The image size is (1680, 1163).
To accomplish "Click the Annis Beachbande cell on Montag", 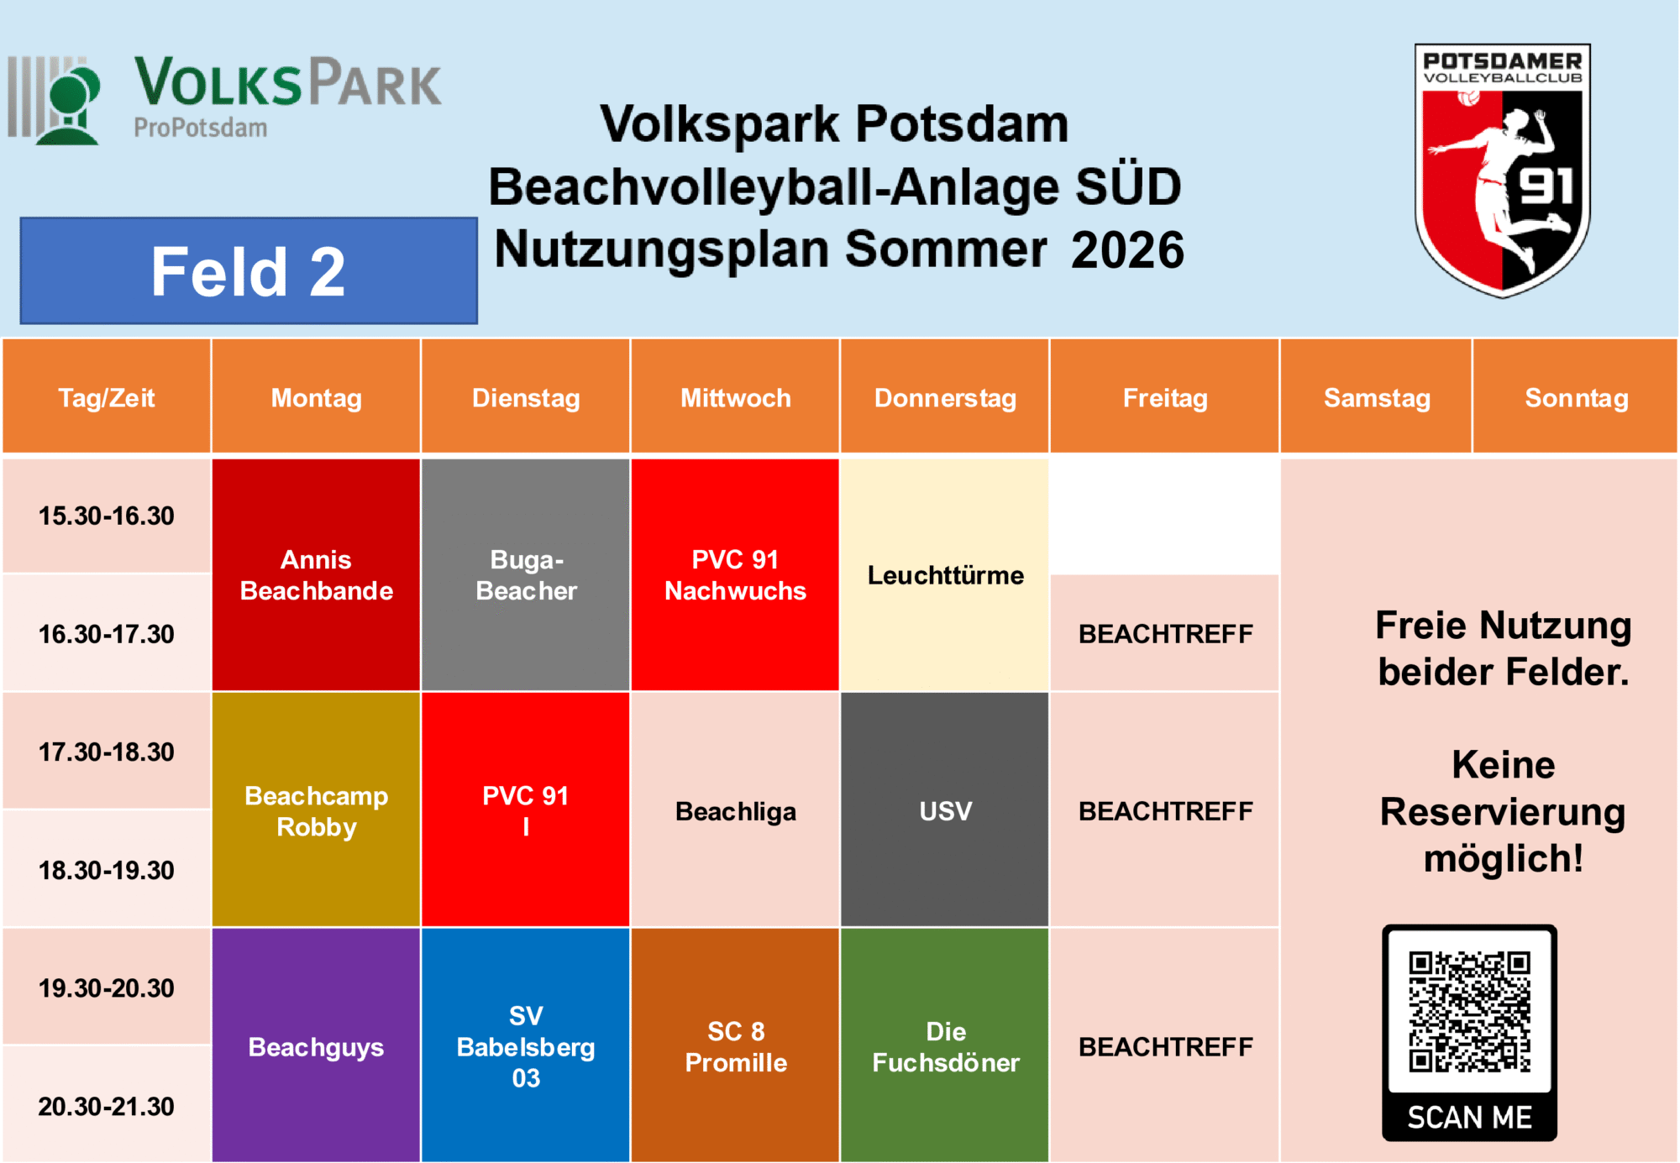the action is tap(316, 574).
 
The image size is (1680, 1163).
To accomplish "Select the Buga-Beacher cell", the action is tap(526, 574).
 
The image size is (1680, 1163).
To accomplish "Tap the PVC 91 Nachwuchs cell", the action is tap(735, 574).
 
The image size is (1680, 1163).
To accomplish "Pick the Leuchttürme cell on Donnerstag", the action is tap(945, 574).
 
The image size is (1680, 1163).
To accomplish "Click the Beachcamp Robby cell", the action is tap(316, 809).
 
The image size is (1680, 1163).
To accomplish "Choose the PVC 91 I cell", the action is tap(526, 809).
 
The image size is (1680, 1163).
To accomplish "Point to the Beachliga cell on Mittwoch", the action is tap(735, 809).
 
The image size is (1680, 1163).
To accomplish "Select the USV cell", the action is tap(945, 809).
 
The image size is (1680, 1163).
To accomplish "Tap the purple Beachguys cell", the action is tap(316, 1045).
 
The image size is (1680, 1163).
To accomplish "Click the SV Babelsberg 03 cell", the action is tap(526, 1045).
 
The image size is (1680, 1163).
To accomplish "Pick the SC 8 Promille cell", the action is tap(735, 1045).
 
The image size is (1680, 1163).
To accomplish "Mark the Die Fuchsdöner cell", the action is tap(945, 1045).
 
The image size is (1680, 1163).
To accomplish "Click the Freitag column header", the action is tap(1165, 396).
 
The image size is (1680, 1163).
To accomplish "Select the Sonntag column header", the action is tap(1576, 396).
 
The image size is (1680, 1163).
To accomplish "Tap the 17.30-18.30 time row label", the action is tap(107, 751).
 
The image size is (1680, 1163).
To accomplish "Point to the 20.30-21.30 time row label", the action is tap(107, 1105).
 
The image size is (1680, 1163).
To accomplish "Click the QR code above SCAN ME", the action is tap(1470, 1012).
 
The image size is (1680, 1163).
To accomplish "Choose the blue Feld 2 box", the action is tap(249, 271).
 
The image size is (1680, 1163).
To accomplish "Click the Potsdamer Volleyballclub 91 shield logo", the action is tap(1502, 170).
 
